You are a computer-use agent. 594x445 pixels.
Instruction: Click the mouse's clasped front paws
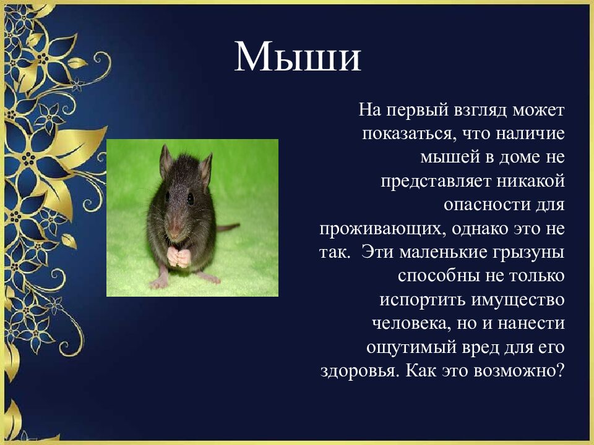(179, 256)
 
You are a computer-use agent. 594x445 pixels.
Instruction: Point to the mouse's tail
(227, 227)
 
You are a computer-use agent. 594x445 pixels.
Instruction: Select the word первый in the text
(418, 111)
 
